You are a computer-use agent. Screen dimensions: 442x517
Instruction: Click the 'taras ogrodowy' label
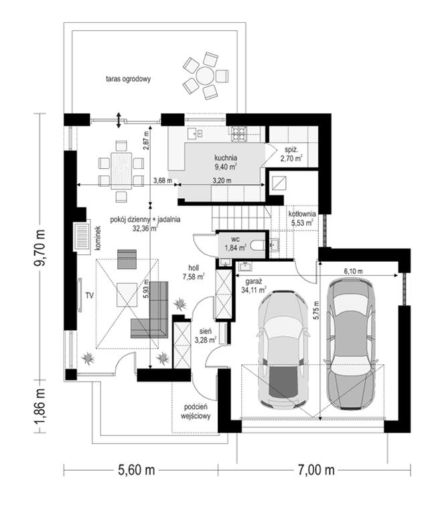click(128, 79)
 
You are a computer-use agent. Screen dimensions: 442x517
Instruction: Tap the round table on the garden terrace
click(205, 76)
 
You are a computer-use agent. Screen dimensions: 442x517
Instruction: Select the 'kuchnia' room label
click(226, 158)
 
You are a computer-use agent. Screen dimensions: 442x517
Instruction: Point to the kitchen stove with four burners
click(238, 134)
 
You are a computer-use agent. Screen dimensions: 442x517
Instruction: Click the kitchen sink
click(195, 133)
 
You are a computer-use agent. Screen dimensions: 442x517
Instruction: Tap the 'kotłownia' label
click(302, 214)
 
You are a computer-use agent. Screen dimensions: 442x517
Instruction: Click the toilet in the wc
click(257, 246)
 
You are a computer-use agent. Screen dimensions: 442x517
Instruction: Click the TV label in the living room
click(90, 295)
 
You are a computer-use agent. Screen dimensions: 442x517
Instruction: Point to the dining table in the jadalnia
click(121, 171)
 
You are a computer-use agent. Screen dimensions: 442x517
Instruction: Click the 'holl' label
click(194, 268)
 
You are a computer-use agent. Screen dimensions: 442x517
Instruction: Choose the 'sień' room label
click(206, 331)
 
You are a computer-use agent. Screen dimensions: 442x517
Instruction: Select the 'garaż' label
click(253, 281)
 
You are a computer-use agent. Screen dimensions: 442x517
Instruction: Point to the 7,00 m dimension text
click(316, 470)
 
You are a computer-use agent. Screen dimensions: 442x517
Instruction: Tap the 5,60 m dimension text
click(137, 470)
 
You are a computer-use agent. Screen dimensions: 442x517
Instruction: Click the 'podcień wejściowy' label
click(196, 412)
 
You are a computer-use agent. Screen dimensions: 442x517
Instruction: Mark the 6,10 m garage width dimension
click(354, 271)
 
